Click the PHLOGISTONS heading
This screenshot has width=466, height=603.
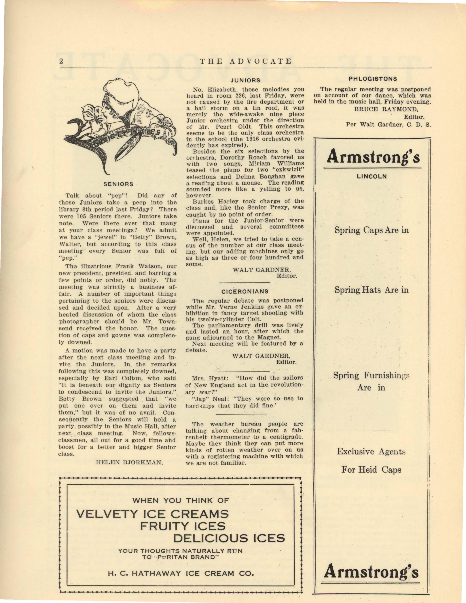pyautogui.click(x=373, y=79)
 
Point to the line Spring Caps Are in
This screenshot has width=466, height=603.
pyautogui.click(x=372, y=230)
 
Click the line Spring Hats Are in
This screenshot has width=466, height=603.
pyautogui.click(x=372, y=290)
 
